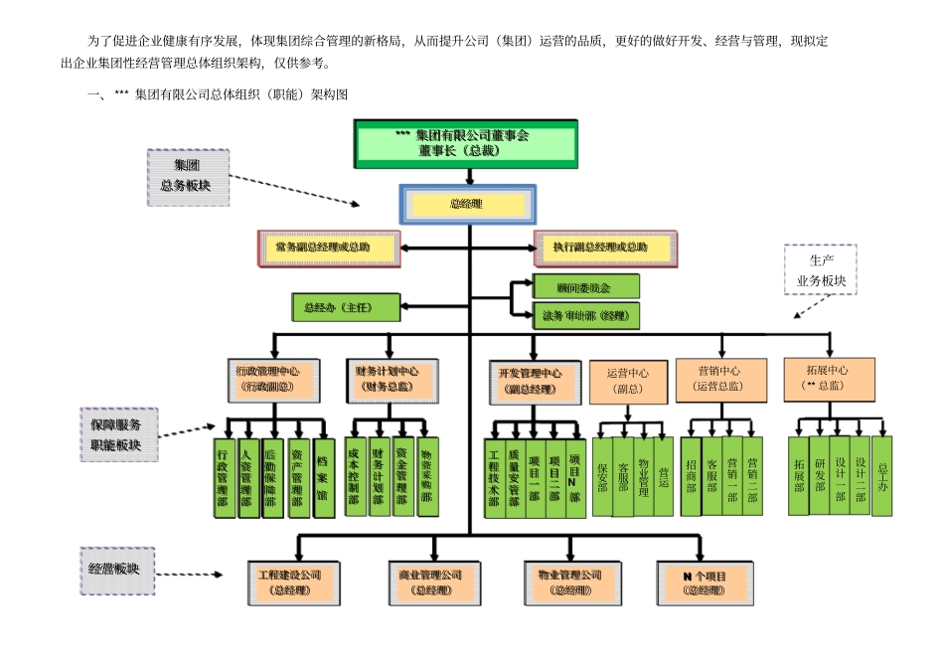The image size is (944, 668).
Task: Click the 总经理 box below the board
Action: (465, 204)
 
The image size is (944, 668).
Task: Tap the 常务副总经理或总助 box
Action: (327, 247)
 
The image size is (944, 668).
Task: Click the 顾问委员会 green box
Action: (585, 286)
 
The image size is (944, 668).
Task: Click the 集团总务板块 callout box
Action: (187, 175)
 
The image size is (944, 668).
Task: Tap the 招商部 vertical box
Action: (692, 476)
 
